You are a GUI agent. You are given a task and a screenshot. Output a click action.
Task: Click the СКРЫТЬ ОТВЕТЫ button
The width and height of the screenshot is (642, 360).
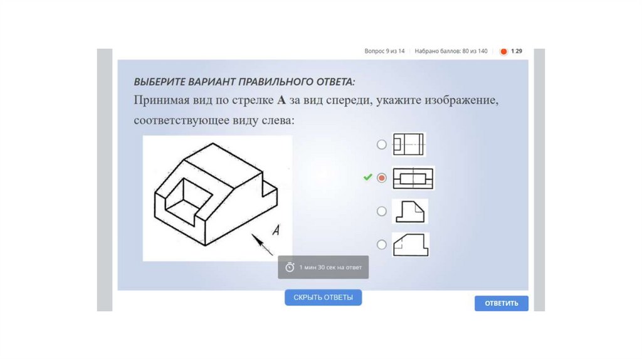tap(323, 297)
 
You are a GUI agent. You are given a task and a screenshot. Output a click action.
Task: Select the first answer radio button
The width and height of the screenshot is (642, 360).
tap(382, 145)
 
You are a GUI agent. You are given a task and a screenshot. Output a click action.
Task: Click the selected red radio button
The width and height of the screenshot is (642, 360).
tap(382, 177)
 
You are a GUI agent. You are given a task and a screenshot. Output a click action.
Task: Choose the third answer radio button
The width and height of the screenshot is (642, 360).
tap(382, 211)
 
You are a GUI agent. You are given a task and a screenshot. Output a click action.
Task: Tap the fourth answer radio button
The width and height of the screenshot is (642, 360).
tap(382, 245)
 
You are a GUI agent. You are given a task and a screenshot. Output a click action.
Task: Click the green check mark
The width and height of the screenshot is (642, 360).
tap(367, 177)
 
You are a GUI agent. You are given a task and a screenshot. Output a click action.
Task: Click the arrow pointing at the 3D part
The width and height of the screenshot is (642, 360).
tap(261, 245)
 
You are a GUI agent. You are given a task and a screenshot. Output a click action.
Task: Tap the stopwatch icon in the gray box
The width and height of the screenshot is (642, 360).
tap(290, 267)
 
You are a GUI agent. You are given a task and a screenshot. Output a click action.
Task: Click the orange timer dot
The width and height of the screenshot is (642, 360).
tap(503, 51)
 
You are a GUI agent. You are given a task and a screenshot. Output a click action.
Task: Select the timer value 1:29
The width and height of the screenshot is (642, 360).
tap(517, 51)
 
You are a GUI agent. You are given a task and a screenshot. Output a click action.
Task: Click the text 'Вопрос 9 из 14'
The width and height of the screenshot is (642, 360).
tap(384, 51)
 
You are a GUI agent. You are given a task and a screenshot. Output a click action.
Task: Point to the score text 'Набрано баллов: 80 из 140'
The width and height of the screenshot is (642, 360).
tap(451, 51)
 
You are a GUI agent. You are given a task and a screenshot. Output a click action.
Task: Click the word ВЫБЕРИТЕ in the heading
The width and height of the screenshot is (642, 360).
tap(159, 82)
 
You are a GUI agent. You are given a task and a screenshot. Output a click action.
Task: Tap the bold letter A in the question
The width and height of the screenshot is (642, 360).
tap(282, 100)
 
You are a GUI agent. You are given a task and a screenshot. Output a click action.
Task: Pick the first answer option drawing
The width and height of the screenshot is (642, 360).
tap(409, 145)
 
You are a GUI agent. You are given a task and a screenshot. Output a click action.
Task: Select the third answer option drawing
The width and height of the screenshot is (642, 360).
tap(410, 211)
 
